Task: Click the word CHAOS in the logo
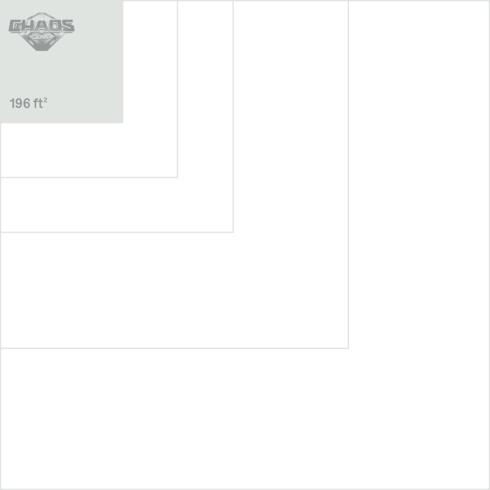point(42,26)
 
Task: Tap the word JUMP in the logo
point(42,37)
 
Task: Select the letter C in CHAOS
point(14,26)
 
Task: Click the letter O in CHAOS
point(55,26)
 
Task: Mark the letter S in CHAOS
point(68,26)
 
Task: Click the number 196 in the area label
point(20,103)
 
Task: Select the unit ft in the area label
point(38,103)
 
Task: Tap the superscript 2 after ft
point(45,100)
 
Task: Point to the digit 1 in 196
point(12,103)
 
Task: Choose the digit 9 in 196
point(19,103)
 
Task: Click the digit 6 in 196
point(27,103)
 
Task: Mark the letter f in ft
point(35,103)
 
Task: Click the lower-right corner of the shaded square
point(123,123)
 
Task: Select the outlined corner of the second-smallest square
point(178,177)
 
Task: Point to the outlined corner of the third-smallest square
point(233,232)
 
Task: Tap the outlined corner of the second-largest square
point(348,348)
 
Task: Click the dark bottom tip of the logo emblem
point(42,50)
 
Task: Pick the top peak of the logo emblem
point(42,13)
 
